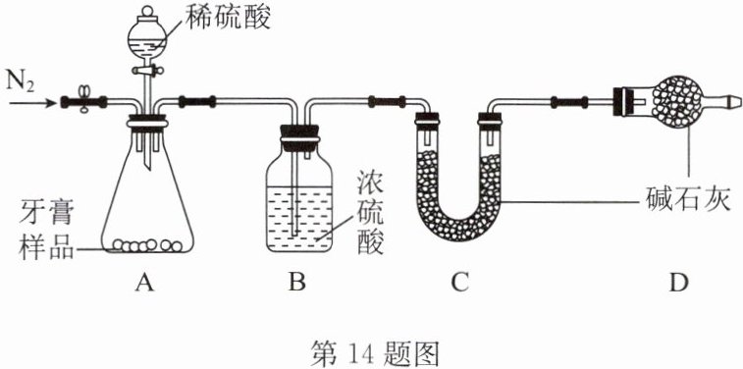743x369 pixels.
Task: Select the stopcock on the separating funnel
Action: click(x=147, y=71)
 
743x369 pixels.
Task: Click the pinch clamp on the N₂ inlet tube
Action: click(x=84, y=100)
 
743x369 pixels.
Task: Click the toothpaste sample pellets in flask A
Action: click(x=147, y=245)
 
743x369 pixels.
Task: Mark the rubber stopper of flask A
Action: click(x=146, y=122)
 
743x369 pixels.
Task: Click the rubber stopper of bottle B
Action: click(x=299, y=135)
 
